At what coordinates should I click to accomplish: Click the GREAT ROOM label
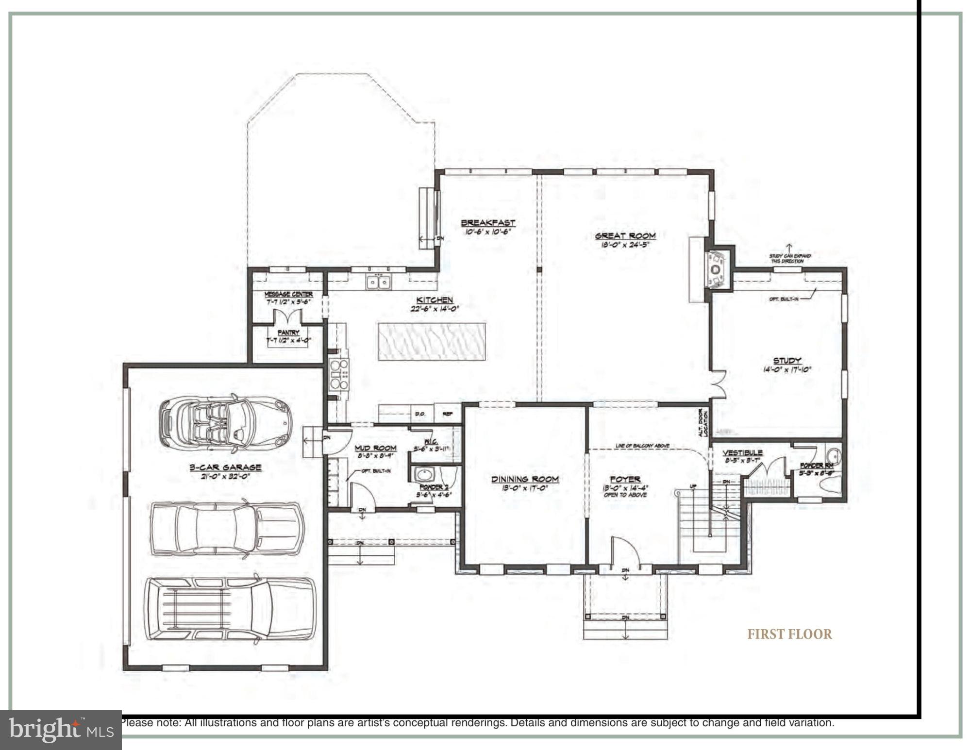[625, 236]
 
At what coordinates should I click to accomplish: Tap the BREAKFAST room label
[487, 223]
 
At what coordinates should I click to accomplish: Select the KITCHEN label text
[435, 300]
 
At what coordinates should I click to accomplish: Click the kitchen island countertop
[432, 341]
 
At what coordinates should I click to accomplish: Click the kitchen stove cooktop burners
[339, 374]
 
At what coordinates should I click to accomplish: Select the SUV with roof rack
[230, 608]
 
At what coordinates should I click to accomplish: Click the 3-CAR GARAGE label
[225, 467]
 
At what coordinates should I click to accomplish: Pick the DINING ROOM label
[525, 479]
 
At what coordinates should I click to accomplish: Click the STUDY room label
[787, 361]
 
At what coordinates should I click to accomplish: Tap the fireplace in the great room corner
[717, 270]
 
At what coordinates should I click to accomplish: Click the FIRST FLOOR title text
[789, 634]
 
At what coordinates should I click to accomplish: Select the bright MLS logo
[61, 730]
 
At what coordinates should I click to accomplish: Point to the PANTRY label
[288, 333]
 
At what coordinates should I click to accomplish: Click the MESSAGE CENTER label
[288, 294]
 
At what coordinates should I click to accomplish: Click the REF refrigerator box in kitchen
[447, 414]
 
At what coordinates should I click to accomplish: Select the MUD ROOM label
[375, 448]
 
